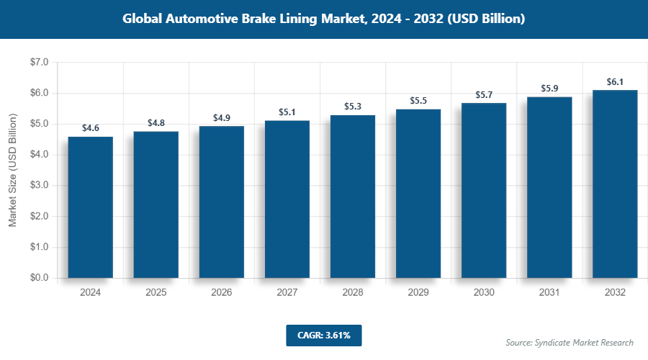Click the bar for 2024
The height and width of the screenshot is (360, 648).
(x=90, y=207)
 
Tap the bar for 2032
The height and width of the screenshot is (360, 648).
(x=615, y=184)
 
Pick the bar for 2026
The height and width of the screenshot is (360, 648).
(x=222, y=202)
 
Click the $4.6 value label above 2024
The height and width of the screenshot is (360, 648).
(x=90, y=128)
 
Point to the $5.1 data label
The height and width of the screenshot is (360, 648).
(x=287, y=112)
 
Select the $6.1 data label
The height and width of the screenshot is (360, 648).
(x=615, y=82)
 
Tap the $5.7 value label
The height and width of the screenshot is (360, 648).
(x=484, y=95)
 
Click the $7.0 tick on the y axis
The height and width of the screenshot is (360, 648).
(x=36, y=63)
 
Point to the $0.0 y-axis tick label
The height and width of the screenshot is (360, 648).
(x=36, y=278)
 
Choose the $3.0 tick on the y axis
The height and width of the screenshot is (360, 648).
(x=36, y=186)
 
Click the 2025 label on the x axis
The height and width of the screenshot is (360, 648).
(x=156, y=293)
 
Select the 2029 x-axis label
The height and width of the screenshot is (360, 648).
(x=418, y=293)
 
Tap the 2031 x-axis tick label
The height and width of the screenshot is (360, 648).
(x=549, y=293)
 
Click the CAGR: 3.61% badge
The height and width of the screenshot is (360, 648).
(x=323, y=336)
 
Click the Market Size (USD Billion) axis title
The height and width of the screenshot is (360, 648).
(x=12, y=170)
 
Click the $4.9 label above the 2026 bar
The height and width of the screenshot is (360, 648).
(x=222, y=117)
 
